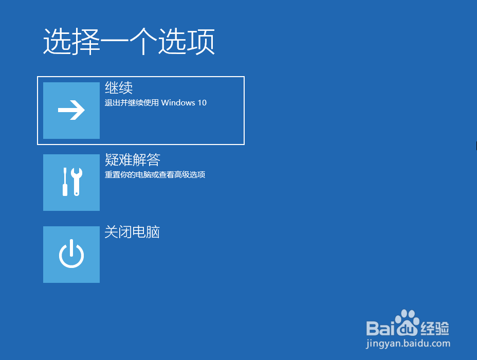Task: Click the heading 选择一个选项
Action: pyautogui.click(x=129, y=41)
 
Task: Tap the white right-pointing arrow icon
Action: pyautogui.click(x=71, y=110)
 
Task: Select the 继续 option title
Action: pyautogui.click(x=119, y=88)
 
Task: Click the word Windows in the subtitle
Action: pyautogui.click(x=178, y=103)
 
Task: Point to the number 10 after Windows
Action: pyautogui.click(x=202, y=103)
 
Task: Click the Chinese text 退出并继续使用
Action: pyautogui.click(x=132, y=103)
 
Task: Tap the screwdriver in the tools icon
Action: pyautogui.click(x=65, y=182)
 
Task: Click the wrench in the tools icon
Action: pyautogui.click(x=77, y=182)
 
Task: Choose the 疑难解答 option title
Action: pyautogui.click(x=132, y=160)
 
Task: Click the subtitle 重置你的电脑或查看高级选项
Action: pyautogui.click(x=155, y=175)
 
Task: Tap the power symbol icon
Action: pyautogui.click(x=71, y=254)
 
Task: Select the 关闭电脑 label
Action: pyautogui.click(x=132, y=232)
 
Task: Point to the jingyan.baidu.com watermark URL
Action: pyautogui.click(x=408, y=344)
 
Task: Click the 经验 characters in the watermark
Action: pyautogui.click(x=435, y=329)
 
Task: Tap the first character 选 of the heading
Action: pyautogui.click(x=57, y=41)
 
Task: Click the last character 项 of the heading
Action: pyautogui.click(x=201, y=41)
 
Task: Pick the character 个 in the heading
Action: pyautogui.click(x=143, y=41)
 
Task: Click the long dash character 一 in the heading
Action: pyautogui.click(x=115, y=41)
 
